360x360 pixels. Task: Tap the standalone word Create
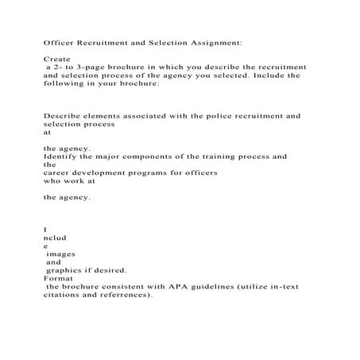click(56, 60)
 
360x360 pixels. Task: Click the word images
click(60, 254)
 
